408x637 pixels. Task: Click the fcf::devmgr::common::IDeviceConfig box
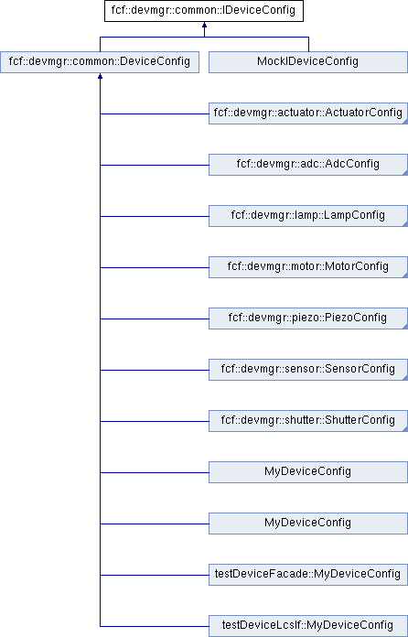(204, 11)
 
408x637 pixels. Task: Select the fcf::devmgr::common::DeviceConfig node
(100, 62)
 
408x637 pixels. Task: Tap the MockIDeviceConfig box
(308, 62)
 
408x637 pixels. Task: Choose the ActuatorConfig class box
(308, 113)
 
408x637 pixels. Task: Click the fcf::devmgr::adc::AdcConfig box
(308, 165)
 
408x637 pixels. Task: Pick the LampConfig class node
(308, 216)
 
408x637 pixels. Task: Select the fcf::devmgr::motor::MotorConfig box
(308, 267)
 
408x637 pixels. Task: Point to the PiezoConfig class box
(308, 318)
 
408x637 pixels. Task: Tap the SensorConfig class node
(308, 369)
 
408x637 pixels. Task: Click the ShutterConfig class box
(308, 420)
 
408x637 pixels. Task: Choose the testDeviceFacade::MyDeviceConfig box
(308, 574)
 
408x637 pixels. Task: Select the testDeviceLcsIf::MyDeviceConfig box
(308, 625)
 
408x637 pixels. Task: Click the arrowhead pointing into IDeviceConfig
(204, 25)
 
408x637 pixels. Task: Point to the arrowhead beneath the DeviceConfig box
(100, 76)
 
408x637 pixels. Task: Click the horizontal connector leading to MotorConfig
(155, 268)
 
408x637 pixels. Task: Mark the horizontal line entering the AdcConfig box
(155, 166)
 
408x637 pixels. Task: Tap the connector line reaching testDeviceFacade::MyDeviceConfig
(155, 575)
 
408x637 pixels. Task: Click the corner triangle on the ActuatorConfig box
(405, 122)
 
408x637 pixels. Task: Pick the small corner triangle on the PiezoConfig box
(405, 327)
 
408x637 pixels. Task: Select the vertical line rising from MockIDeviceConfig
(308, 44)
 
